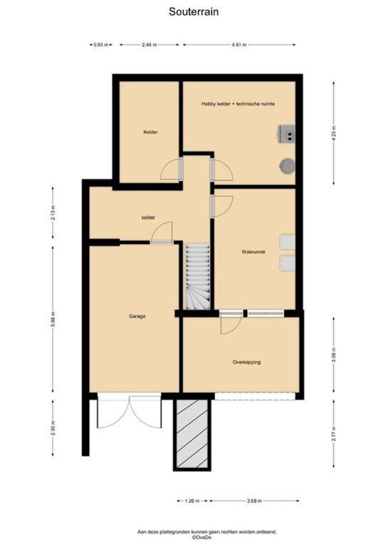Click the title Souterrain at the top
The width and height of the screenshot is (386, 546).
point(194,12)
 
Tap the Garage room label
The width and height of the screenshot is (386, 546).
point(137,316)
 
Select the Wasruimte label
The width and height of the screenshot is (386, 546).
point(254,251)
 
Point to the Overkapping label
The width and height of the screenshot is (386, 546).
point(247,362)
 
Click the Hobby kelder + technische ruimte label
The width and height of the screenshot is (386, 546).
point(238,104)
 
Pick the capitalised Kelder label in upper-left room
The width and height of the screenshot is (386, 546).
point(151,132)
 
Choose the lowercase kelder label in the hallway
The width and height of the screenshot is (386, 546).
point(148,217)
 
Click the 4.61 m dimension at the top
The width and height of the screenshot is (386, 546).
point(239,45)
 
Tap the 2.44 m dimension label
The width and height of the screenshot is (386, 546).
point(150,45)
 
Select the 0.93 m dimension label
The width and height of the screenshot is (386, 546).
point(101,45)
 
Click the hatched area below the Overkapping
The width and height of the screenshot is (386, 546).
point(192,433)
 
